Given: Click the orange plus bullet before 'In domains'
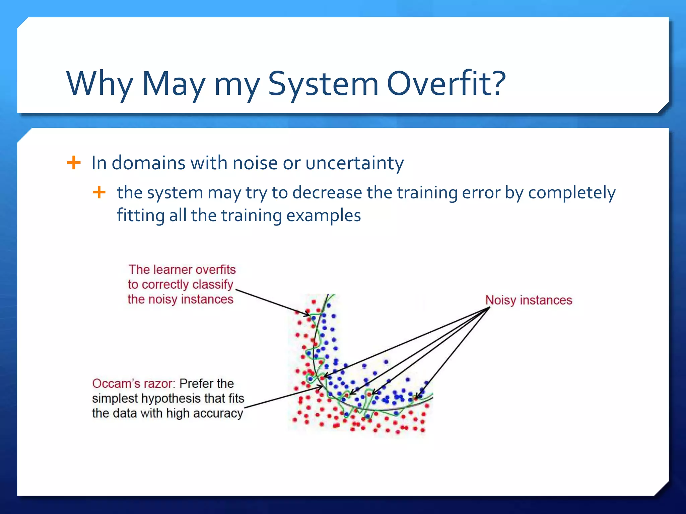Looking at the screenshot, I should tap(74, 163).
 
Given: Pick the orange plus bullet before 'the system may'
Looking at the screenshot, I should tap(99, 192).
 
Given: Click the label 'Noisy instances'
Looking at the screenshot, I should tap(529, 300).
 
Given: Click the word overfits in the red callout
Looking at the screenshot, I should tap(215, 270).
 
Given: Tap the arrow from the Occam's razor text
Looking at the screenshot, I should tap(283, 397).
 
